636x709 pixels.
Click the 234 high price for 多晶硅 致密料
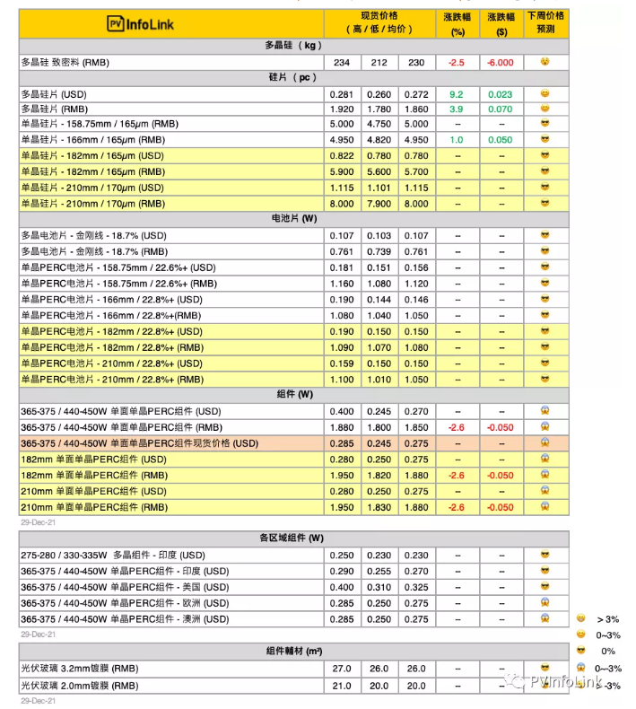click(x=342, y=62)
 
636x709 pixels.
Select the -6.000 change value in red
click(x=500, y=62)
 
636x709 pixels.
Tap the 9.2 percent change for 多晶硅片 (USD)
click(x=456, y=94)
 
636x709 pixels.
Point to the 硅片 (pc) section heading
click(x=292, y=78)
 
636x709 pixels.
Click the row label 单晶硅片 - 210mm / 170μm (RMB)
click(x=93, y=204)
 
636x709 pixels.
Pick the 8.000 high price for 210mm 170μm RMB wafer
click(x=342, y=204)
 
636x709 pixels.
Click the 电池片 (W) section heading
click(x=292, y=219)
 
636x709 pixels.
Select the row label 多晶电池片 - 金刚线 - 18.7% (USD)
click(x=93, y=235)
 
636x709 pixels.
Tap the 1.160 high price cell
click(x=342, y=284)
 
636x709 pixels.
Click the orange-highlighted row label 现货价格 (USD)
click(x=139, y=443)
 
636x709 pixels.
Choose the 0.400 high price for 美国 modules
click(x=342, y=587)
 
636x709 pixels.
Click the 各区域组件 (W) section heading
click(x=292, y=538)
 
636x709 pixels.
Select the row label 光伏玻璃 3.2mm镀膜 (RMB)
click(x=80, y=669)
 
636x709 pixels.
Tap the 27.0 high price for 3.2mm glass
click(x=342, y=669)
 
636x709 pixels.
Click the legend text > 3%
click(x=608, y=619)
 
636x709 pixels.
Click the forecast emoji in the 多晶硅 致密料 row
click(x=544, y=62)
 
